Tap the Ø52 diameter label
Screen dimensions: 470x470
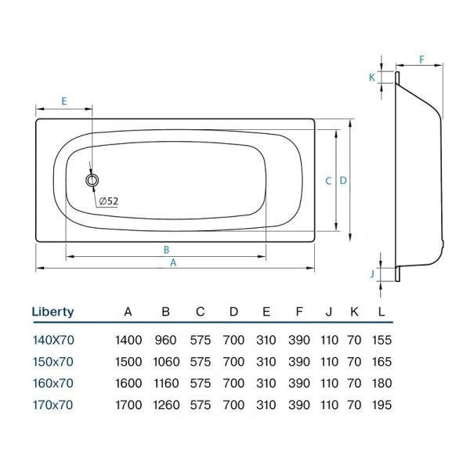(109, 201)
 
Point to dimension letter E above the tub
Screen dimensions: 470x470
(63, 101)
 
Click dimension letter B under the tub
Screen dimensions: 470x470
(166, 250)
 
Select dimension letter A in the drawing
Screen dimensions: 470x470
(174, 263)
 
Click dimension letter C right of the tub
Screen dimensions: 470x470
(328, 180)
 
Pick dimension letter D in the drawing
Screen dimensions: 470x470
(343, 180)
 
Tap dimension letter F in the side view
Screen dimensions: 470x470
(421, 60)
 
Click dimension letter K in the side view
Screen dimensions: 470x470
(372, 77)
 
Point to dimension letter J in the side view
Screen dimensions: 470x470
(372, 273)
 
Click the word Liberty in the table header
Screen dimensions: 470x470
(52, 312)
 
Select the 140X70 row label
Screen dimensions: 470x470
(52, 340)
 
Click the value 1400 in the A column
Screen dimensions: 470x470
(128, 340)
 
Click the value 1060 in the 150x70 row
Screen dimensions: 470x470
(165, 362)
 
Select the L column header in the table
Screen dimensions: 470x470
(381, 312)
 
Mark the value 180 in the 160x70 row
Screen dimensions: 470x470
(381, 384)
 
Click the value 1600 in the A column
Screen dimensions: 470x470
(128, 384)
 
